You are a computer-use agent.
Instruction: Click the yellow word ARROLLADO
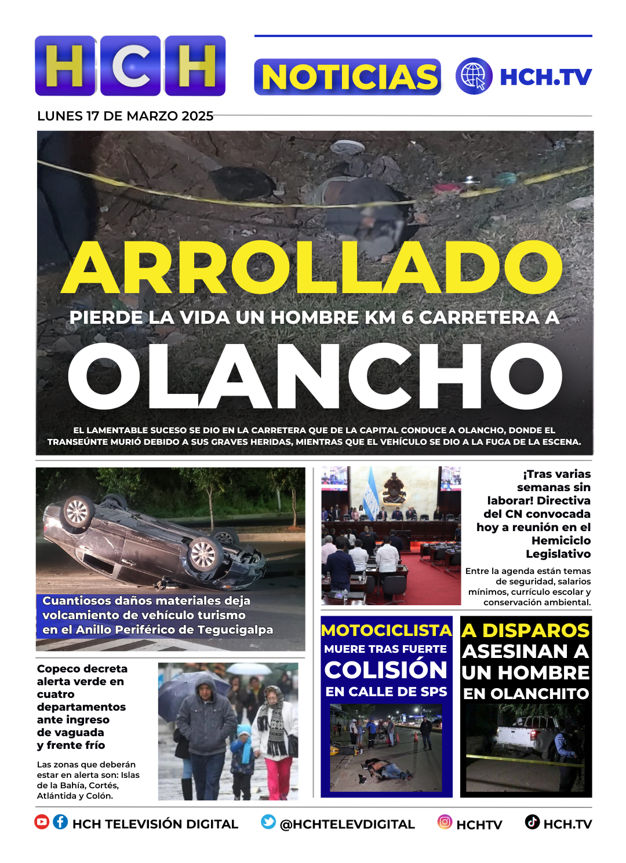(313, 268)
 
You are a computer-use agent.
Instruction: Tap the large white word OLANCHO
(315, 377)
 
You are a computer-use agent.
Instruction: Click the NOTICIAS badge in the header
(348, 77)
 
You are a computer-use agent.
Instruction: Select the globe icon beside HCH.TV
(474, 76)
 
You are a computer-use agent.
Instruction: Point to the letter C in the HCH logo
(130, 65)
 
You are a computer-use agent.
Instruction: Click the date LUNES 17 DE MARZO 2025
(125, 116)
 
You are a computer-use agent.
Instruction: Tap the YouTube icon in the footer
(42, 822)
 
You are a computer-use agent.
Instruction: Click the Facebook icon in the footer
(60, 822)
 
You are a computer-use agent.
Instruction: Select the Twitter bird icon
(268, 822)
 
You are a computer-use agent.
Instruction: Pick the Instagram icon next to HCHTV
(445, 822)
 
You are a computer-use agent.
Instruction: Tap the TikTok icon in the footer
(532, 822)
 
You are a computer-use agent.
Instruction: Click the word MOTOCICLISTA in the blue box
(386, 631)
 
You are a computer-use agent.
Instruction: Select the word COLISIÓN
(386, 670)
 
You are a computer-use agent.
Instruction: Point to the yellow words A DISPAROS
(526, 631)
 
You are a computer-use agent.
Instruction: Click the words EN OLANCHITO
(526, 693)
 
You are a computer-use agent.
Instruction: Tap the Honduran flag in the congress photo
(371, 498)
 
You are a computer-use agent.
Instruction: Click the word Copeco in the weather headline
(59, 669)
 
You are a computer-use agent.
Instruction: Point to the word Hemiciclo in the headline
(561, 540)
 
